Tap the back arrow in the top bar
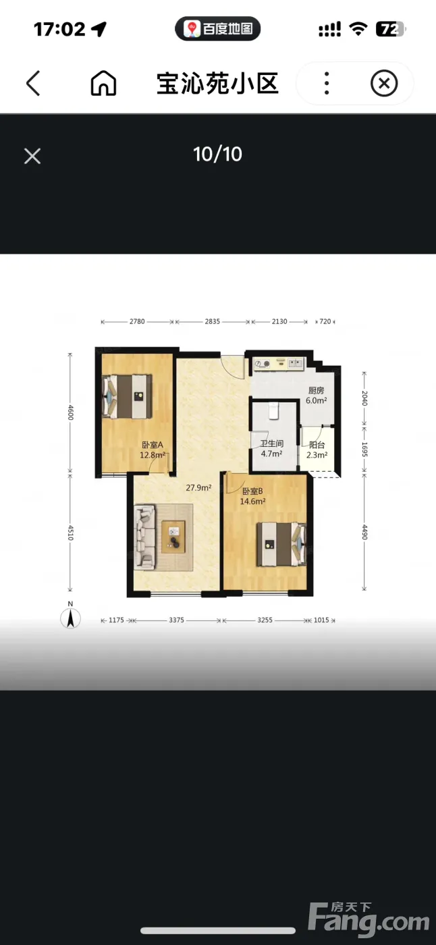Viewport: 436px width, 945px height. click(x=33, y=83)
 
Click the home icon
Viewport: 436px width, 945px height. click(x=103, y=83)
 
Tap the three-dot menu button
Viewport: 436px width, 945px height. click(x=327, y=83)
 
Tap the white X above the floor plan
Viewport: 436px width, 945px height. click(x=32, y=156)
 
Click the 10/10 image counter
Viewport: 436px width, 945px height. click(x=217, y=155)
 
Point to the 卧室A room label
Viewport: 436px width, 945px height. click(x=153, y=445)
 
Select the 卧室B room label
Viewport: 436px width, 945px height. click(x=252, y=491)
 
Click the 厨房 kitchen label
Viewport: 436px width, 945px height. click(x=317, y=390)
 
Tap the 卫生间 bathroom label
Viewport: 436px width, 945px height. click(x=272, y=443)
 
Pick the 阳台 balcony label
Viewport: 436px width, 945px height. click(x=317, y=445)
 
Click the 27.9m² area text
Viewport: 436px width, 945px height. click(x=198, y=487)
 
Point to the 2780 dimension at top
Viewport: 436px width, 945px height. click(x=137, y=321)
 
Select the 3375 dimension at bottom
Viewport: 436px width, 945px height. click(x=176, y=620)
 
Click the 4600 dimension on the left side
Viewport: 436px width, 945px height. click(x=70, y=412)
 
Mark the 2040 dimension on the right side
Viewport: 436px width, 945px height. click(x=364, y=398)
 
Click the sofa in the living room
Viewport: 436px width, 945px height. click(x=144, y=537)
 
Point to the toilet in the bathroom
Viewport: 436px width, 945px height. click(x=273, y=410)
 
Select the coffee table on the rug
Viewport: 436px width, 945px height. click(x=173, y=537)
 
